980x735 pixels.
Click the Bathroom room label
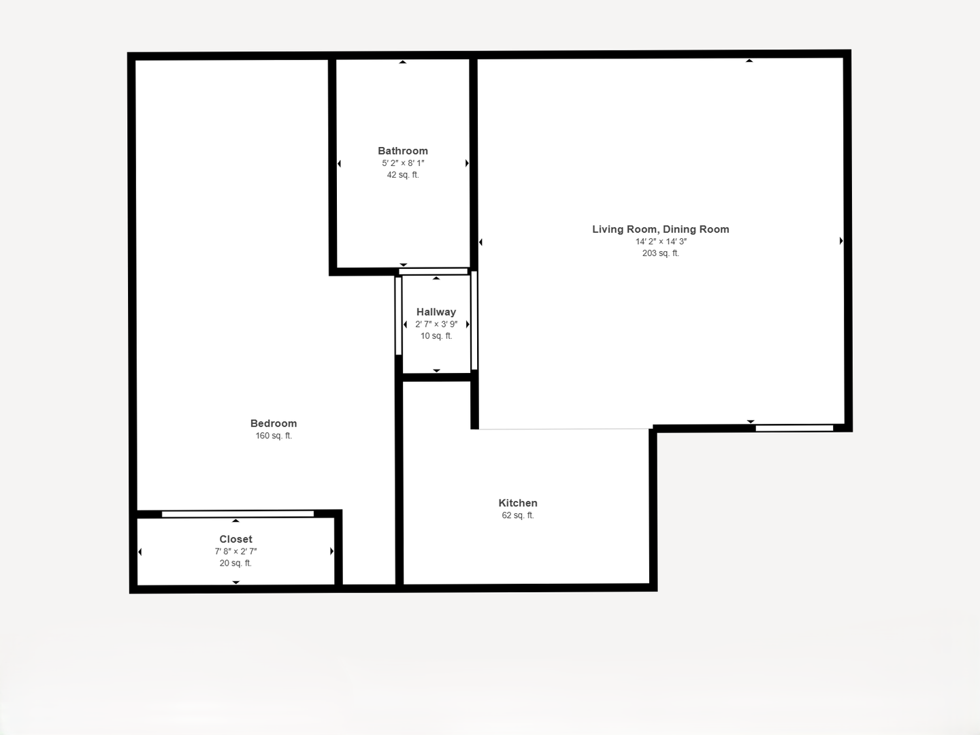tap(403, 151)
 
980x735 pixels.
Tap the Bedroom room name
tap(273, 423)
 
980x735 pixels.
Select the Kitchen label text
tap(518, 503)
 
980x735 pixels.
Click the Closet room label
tap(235, 539)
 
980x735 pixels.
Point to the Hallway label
tap(436, 312)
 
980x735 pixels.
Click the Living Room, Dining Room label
tap(661, 229)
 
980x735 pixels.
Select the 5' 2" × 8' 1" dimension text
tap(403, 163)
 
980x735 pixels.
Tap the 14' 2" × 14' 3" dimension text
tap(661, 242)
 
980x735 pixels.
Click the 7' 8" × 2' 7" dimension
tap(235, 551)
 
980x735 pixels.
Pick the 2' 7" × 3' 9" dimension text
tap(436, 325)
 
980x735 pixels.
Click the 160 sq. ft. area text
tap(274, 436)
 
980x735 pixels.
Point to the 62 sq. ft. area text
tap(518, 515)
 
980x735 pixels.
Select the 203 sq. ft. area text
tap(661, 253)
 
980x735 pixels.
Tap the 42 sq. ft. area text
tap(403, 175)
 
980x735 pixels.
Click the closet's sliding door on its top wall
tap(238, 514)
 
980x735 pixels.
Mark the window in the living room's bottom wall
tap(794, 429)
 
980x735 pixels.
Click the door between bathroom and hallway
tap(433, 272)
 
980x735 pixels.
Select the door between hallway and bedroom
tap(398, 316)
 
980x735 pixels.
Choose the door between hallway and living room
tap(474, 321)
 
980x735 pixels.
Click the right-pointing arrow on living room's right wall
tap(841, 241)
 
